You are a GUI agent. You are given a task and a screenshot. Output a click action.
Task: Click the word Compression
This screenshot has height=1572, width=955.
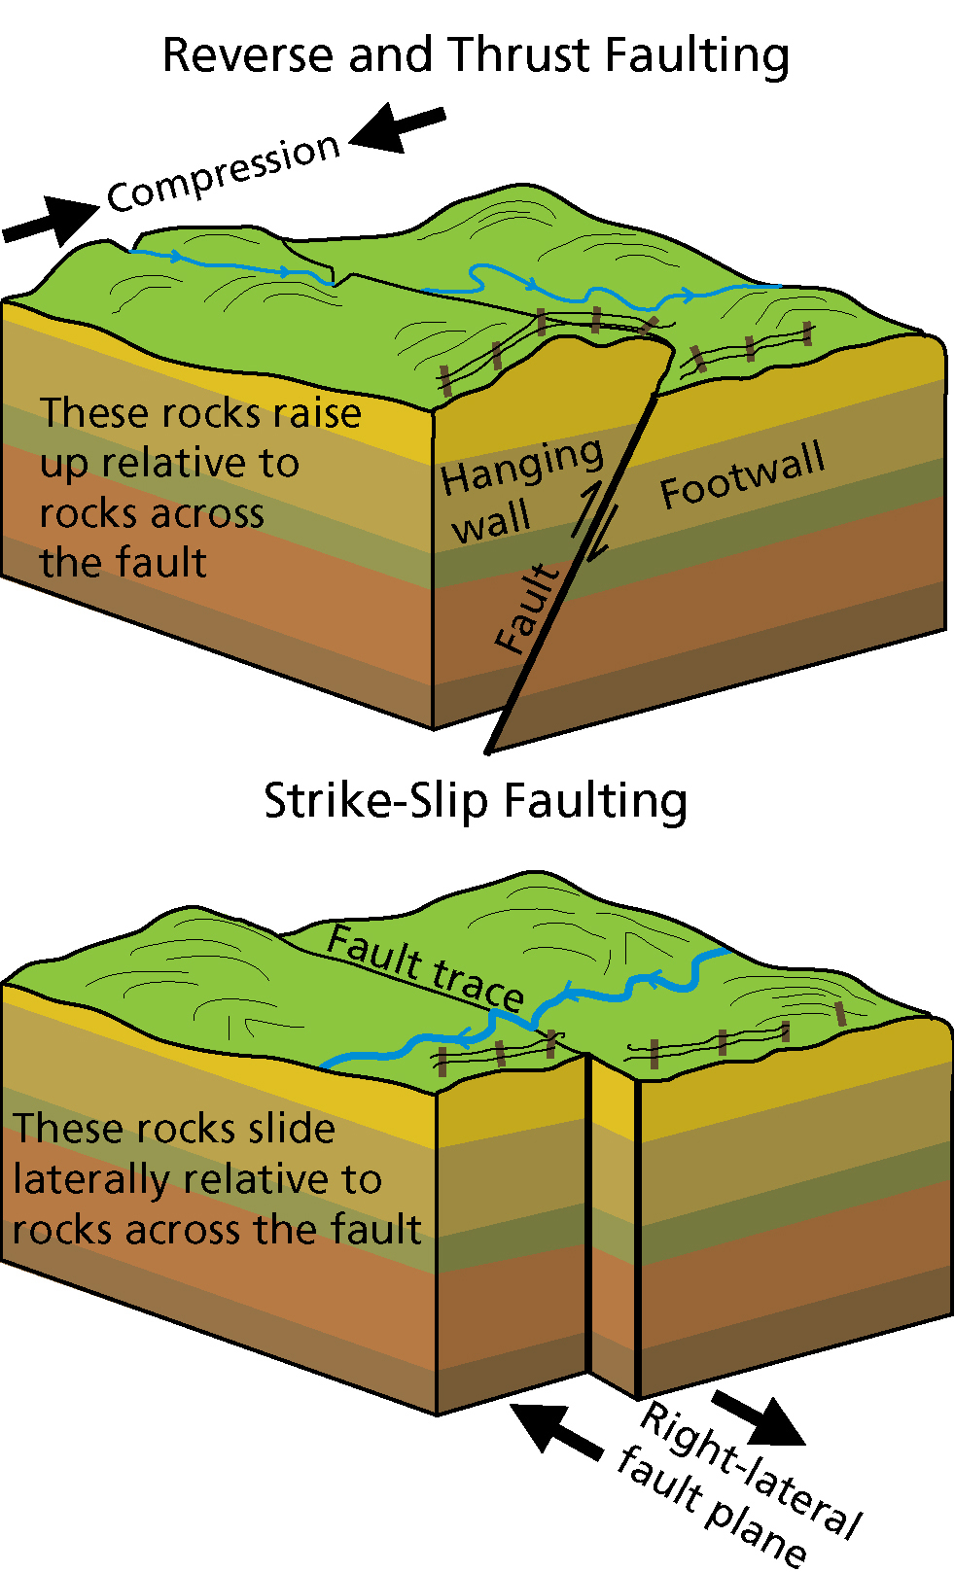point(224,173)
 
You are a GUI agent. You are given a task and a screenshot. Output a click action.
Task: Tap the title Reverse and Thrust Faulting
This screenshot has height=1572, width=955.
point(476,55)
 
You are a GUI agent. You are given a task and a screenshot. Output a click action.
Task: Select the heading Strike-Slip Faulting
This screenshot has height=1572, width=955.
point(476,802)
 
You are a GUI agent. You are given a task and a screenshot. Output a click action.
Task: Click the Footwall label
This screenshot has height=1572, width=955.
point(742,475)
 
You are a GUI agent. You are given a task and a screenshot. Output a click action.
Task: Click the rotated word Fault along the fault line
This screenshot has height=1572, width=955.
point(527,610)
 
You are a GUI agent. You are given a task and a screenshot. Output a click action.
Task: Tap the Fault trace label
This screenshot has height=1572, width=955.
point(426,967)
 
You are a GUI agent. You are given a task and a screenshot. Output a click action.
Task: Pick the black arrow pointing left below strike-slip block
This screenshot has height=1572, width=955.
point(555,1430)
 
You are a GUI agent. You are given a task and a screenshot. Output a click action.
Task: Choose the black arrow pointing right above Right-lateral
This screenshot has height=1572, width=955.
point(760,1418)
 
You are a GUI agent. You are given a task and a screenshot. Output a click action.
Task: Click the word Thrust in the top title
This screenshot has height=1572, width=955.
point(521,55)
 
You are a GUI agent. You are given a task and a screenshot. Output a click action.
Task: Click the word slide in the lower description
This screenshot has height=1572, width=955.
point(292,1130)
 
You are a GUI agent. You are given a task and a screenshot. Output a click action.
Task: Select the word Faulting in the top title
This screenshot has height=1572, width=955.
point(696,55)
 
